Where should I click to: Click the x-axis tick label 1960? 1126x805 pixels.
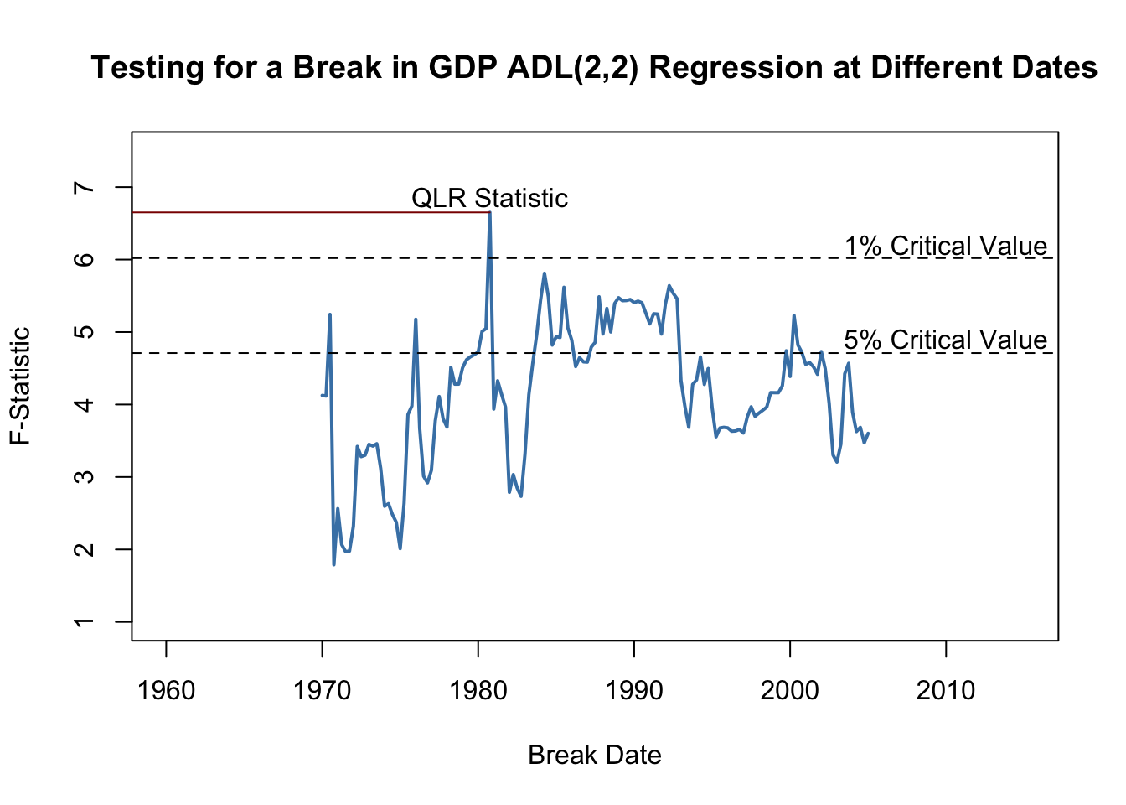coord(166,691)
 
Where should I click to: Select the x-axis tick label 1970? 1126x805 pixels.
coord(322,691)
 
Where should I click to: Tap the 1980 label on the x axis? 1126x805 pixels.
coord(478,691)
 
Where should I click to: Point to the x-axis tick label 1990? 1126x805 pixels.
coord(634,691)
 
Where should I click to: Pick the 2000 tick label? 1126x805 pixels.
coord(790,691)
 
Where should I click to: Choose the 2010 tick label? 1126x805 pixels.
coord(946,691)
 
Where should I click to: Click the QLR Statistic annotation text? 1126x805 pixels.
coord(489,199)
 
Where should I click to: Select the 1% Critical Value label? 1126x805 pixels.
coord(946,247)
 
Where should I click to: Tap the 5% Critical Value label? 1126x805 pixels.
coord(946,340)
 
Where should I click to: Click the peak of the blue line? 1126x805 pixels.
coord(489,213)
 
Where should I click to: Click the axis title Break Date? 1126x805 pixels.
coord(595,756)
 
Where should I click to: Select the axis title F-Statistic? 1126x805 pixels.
coord(20,386)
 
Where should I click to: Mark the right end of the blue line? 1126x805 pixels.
coord(868,434)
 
